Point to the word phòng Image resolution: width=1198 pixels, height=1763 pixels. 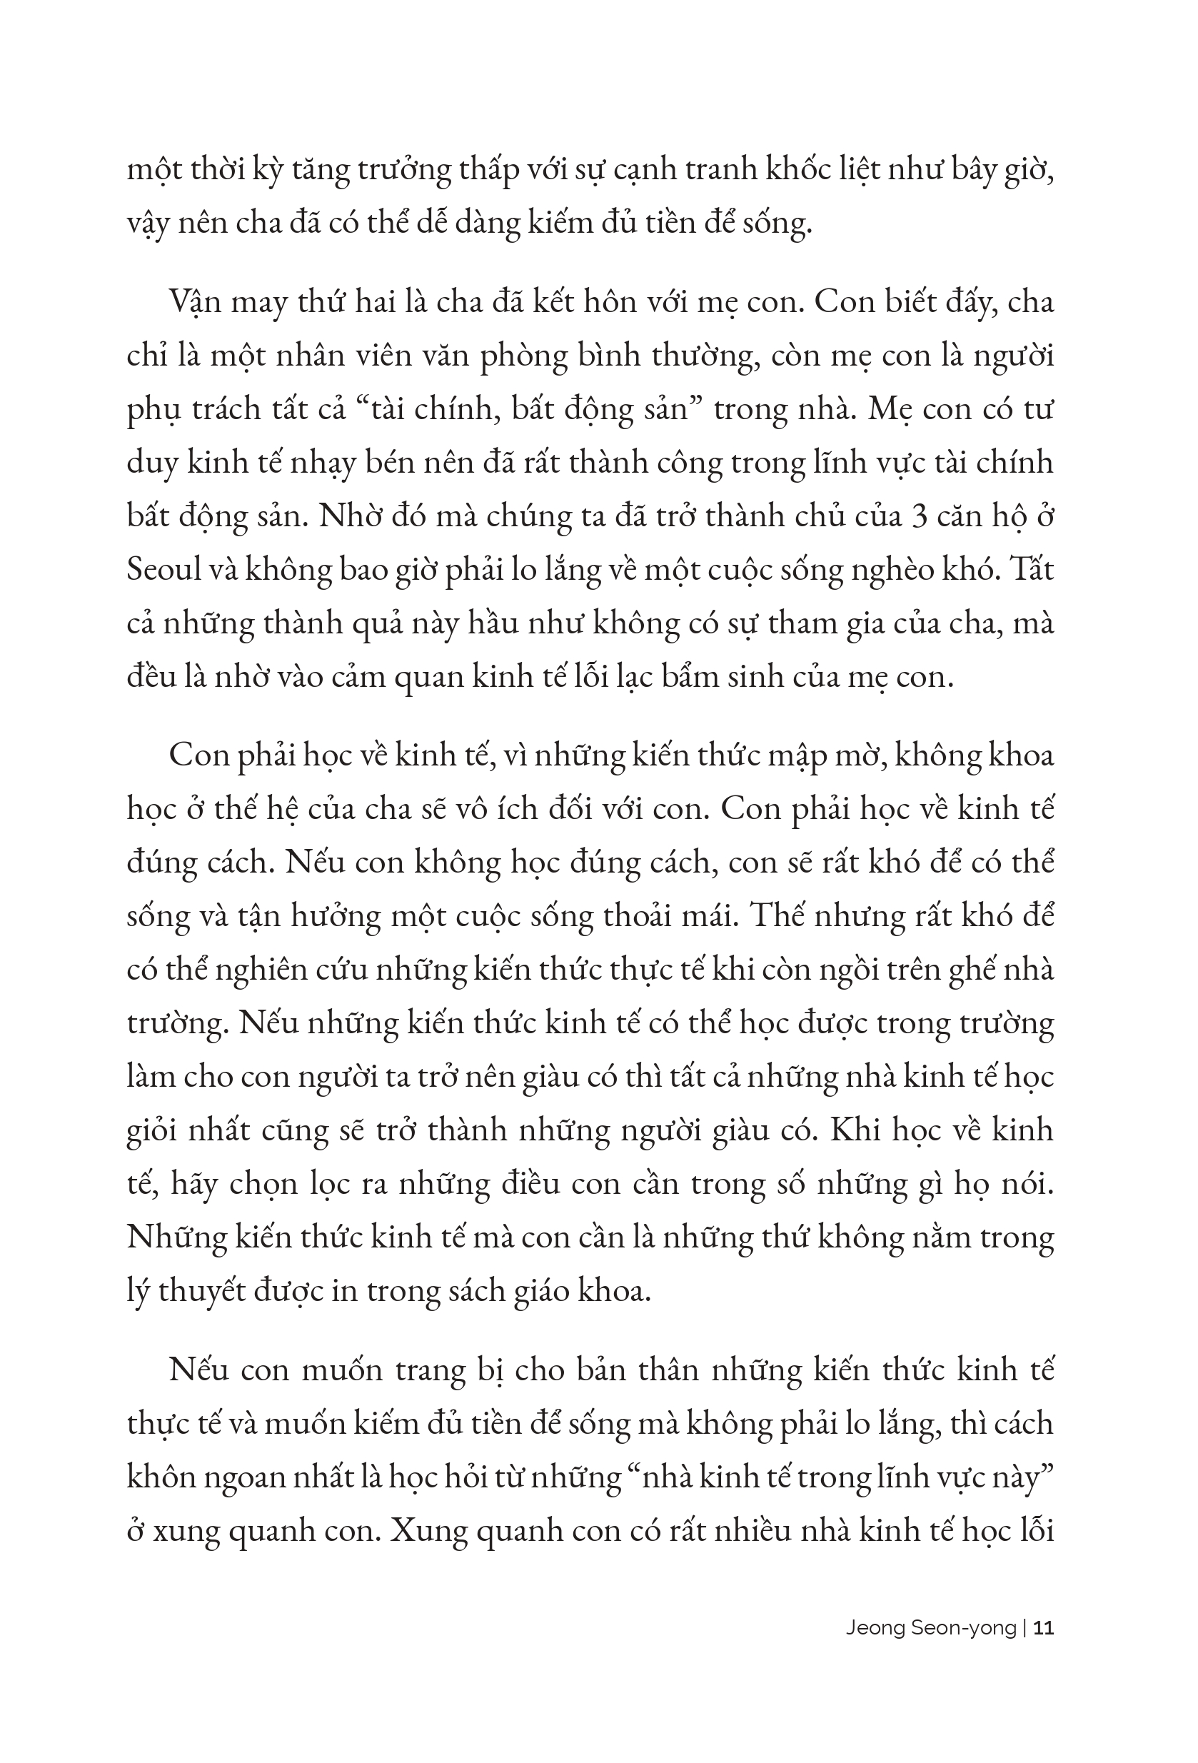click(x=523, y=356)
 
